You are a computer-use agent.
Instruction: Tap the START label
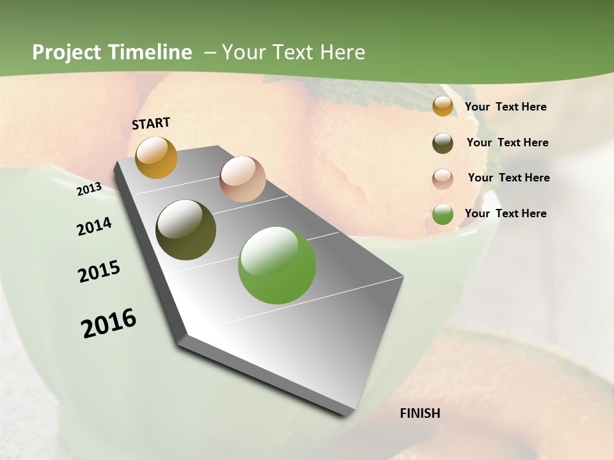tap(151, 123)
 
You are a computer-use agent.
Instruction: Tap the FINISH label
tap(420, 413)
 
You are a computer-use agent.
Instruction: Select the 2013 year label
tap(90, 188)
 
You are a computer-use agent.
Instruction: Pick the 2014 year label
tap(94, 226)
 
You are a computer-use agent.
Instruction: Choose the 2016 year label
tap(109, 323)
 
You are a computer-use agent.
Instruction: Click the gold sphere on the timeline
tap(156, 157)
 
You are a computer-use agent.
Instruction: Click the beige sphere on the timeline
tap(242, 179)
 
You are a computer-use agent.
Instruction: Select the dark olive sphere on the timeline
tap(185, 230)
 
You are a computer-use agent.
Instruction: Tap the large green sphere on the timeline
tap(277, 265)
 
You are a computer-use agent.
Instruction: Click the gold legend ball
tap(443, 107)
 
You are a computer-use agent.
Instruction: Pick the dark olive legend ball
tap(443, 143)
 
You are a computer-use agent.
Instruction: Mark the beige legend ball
tap(443, 179)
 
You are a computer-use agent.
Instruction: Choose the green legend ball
tap(443, 214)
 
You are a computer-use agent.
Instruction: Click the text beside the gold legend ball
tap(505, 107)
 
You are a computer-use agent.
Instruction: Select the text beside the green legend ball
tap(505, 213)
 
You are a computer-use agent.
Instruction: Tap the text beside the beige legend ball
tap(508, 178)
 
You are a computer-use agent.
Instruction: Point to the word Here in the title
tap(343, 52)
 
